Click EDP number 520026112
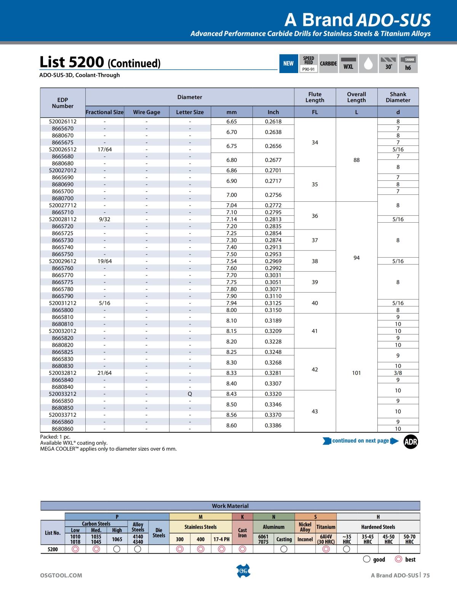pos(62,121)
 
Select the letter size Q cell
pos(190,394)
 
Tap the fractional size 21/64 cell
pos(104,373)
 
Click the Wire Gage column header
pos(146,112)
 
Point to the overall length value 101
pos(356,373)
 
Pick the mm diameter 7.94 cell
pos(231,303)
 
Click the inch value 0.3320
pos(273,394)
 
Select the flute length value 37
pos(315,240)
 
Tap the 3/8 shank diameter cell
pos(398,373)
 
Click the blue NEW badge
pos(288,64)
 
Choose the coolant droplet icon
pos(368,64)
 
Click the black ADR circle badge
pos(411,442)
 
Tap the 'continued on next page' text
pos(360,441)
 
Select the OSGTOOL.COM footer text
pos(61,575)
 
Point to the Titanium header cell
pos(326,527)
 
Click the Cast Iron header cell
pos(243,532)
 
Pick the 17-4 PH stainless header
pos(221,539)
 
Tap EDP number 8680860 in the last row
pos(62,429)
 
